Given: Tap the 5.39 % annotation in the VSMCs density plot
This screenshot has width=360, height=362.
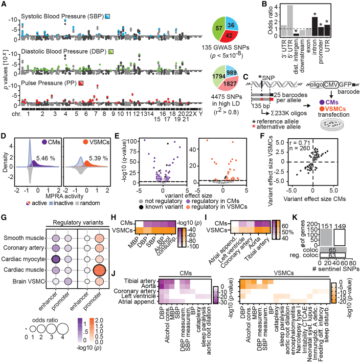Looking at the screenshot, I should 100,146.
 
